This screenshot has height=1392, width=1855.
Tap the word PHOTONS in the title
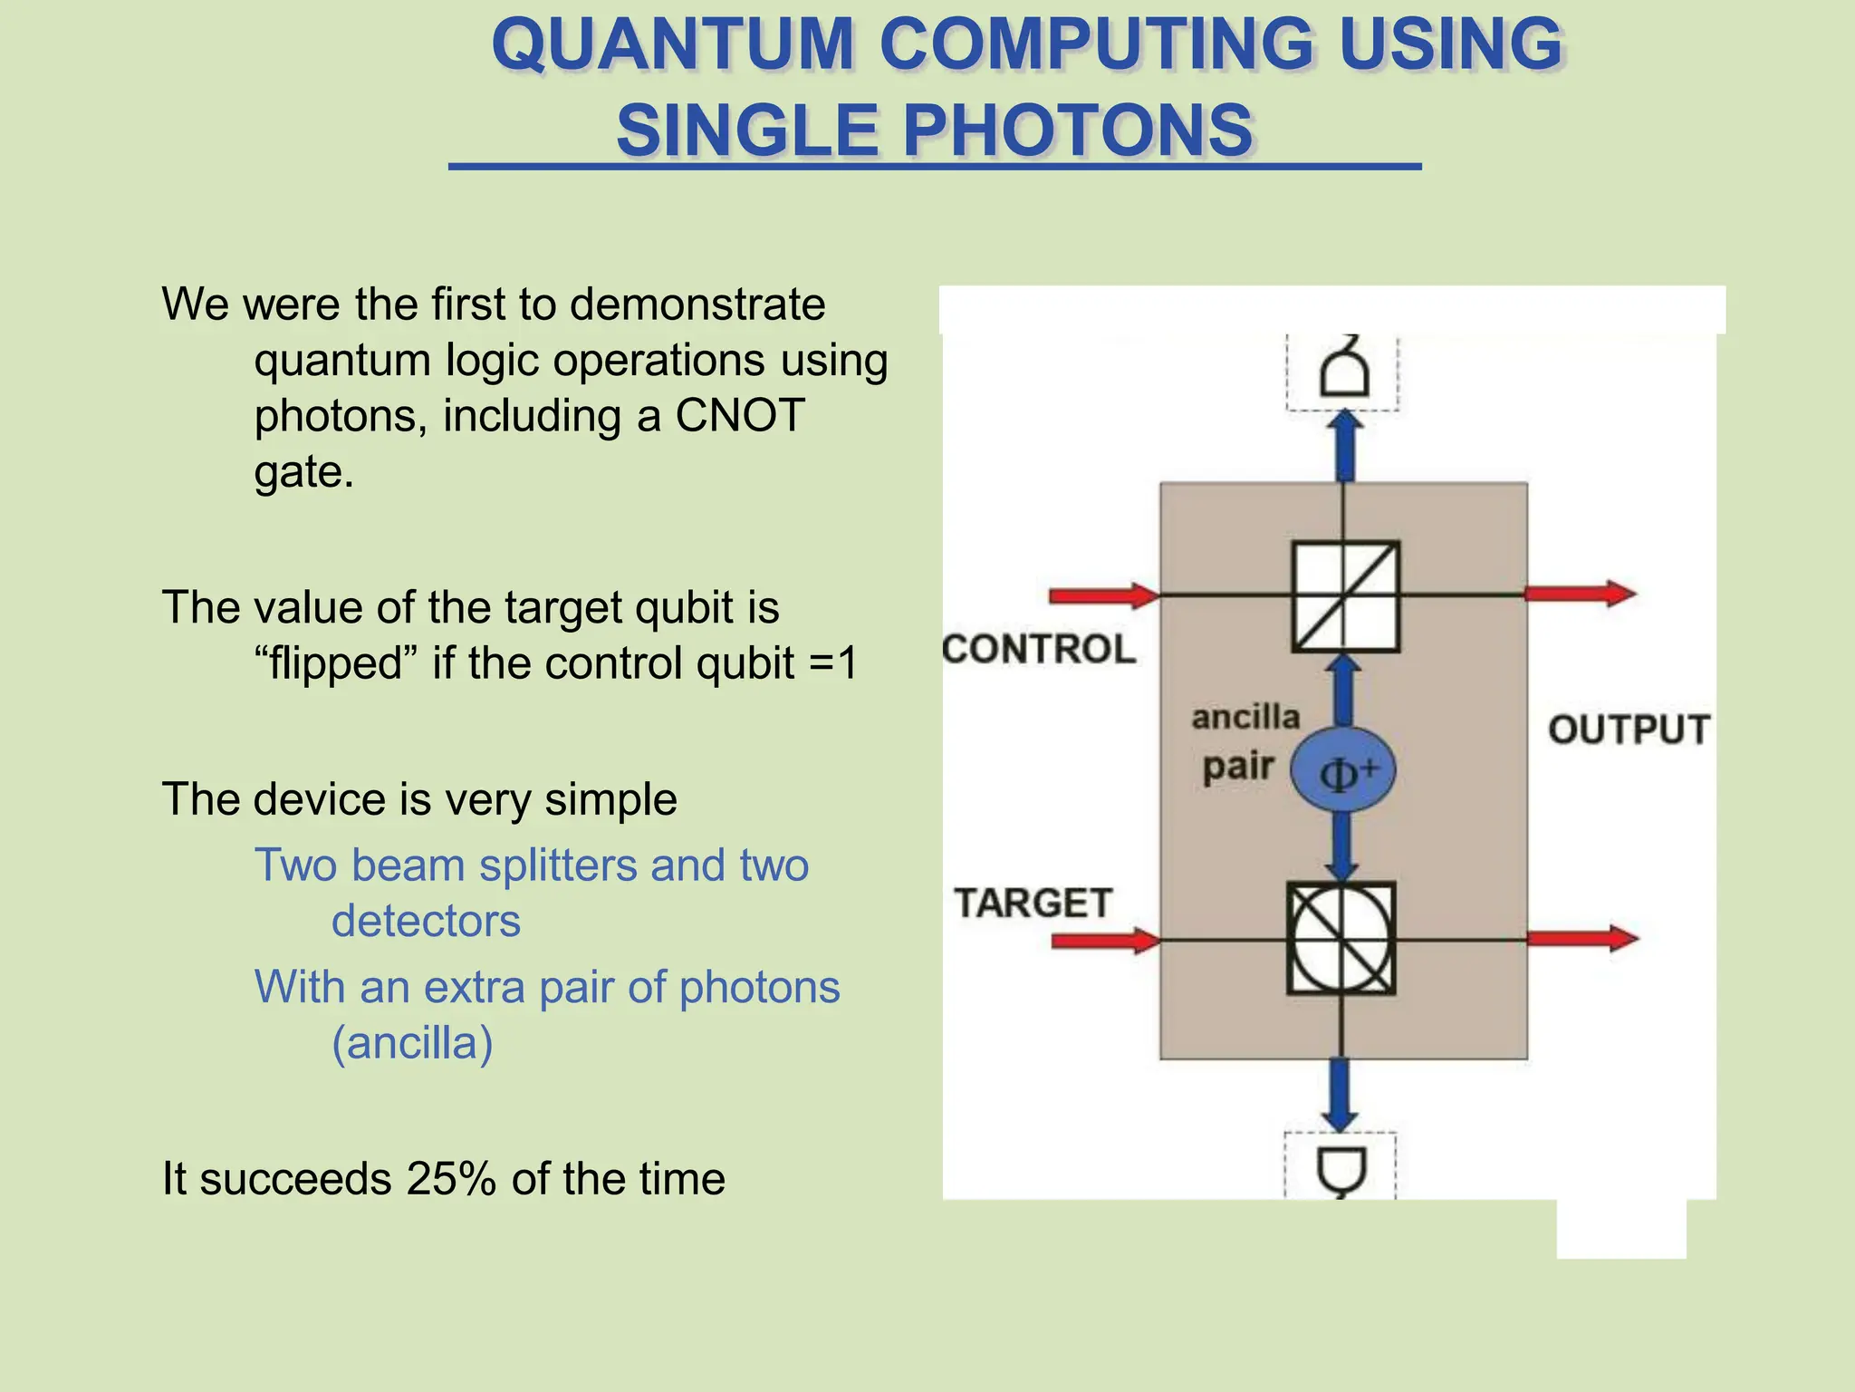(x=1077, y=130)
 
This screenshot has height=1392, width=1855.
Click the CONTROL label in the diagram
(x=1039, y=649)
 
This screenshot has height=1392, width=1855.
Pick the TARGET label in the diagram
(x=1033, y=903)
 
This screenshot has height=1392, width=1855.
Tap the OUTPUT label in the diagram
(x=1629, y=730)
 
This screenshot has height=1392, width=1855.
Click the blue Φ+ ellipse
(x=1342, y=770)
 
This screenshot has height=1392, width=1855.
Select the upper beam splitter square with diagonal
(x=1345, y=596)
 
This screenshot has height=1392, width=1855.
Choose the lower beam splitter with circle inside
(x=1341, y=939)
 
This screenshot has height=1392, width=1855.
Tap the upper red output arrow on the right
(x=1581, y=594)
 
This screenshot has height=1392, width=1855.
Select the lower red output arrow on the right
(x=1582, y=938)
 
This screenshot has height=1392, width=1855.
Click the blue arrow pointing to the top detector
(x=1346, y=446)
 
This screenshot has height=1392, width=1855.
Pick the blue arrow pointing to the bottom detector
(x=1341, y=1095)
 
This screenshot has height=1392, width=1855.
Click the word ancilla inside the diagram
(x=1245, y=717)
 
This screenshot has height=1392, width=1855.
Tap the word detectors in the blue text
(x=426, y=922)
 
